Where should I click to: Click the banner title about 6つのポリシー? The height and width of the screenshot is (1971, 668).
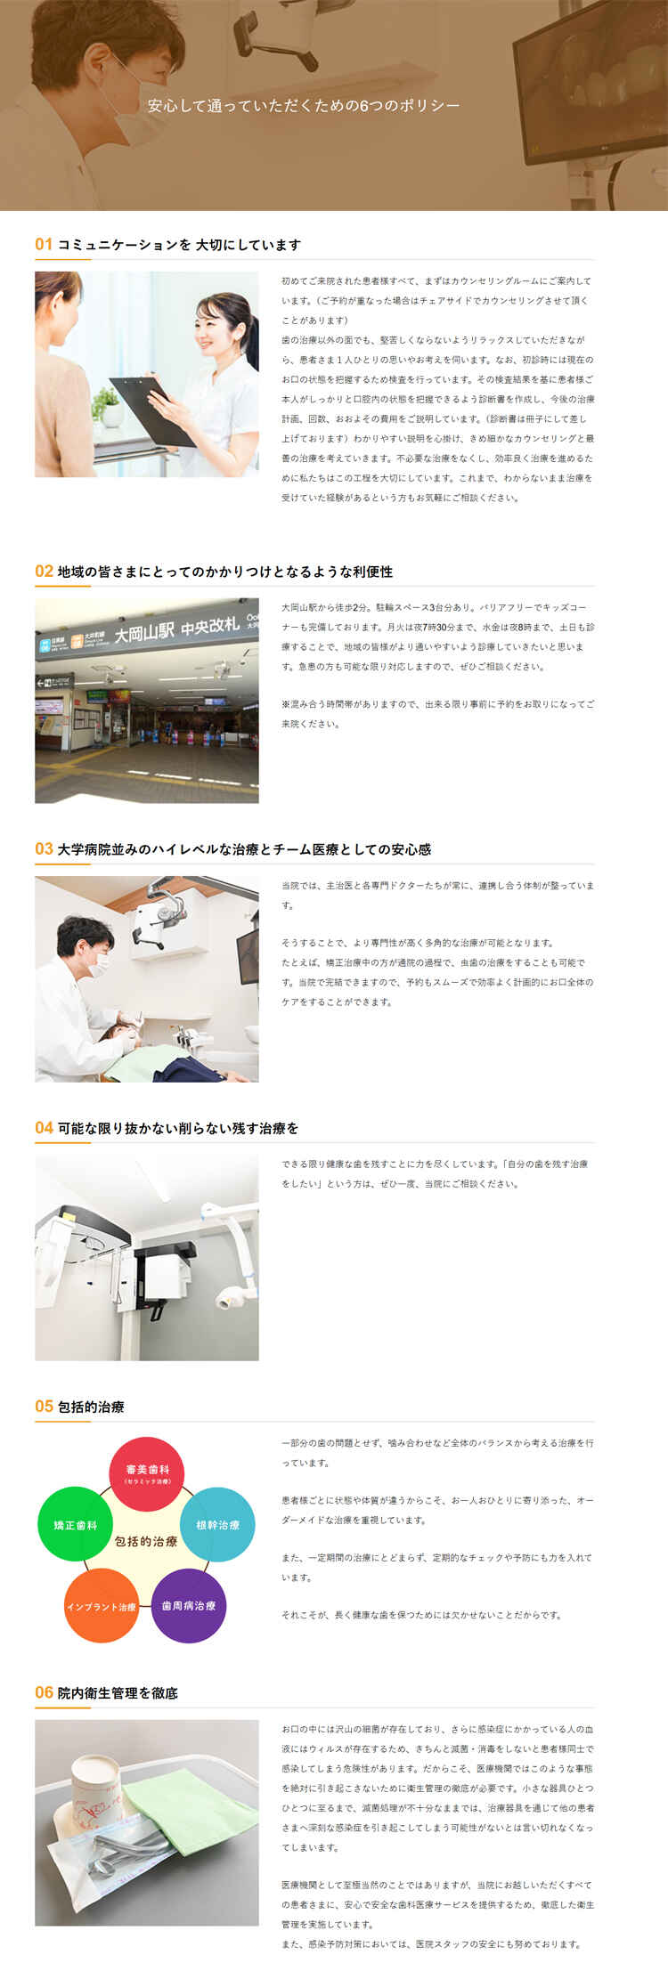click(x=304, y=106)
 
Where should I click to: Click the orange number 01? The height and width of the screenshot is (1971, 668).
click(x=44, y=244)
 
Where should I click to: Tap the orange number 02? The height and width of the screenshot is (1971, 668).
click(x=44, y=571)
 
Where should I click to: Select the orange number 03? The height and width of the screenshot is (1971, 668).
click(x=44, y=848)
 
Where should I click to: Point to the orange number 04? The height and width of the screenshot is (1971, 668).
click(x=44, y=1127)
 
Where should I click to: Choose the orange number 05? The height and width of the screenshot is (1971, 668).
click(x=44, y=1406)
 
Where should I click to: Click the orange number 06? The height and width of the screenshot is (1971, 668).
click(x=44, y=1691)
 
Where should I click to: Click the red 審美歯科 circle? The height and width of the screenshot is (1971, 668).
click(x=146, y=1472)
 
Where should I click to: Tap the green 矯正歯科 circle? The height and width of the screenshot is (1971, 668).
click(x=75, y=1523)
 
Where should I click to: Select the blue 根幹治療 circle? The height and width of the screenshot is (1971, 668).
click(x=217, y=1523)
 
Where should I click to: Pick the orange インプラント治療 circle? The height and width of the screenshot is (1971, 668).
click(x=102, y=1605)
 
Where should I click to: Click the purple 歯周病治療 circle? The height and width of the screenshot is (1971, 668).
click(x=188, y=1605)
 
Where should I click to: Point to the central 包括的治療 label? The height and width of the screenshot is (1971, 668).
click(x=146, y=1541)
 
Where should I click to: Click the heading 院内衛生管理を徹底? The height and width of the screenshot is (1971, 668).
click(x=118, y=1692)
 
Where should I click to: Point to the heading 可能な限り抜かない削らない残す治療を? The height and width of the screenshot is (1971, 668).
click(x=177, y=1128)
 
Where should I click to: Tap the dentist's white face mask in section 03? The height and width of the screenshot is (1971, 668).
click(x=100, y=961)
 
